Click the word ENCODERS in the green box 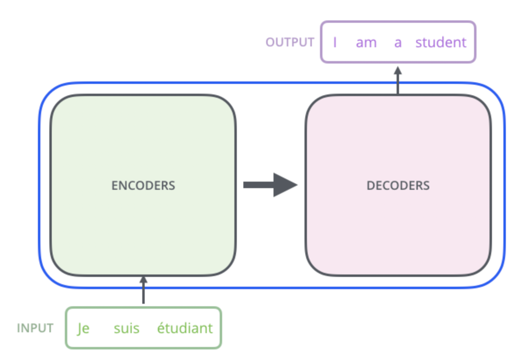(x=143, y=186)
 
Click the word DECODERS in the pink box (x=398, y=186)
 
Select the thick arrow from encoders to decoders (x=271, y=185)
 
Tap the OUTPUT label (x=290, y=42)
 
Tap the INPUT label (x=35, y=328)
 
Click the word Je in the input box (x=83, y=329)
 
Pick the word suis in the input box (x=126, y=328)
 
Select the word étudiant (x=185, y=327)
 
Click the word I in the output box (x=335, y=42)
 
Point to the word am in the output (x=366, y=43)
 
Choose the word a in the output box (x=398, y=43)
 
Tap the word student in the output (x=441, y=42)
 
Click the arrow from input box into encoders (x=143, y=290)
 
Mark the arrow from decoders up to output (x=398, y=80)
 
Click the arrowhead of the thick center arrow (x=285, y=185)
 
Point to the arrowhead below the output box (x=398, y=71)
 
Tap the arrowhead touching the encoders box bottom (x=143, y=280)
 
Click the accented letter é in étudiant (x=161, y=327)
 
